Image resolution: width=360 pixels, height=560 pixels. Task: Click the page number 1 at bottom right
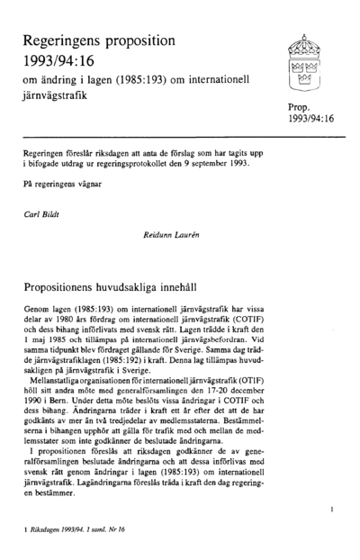[332, 510]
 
